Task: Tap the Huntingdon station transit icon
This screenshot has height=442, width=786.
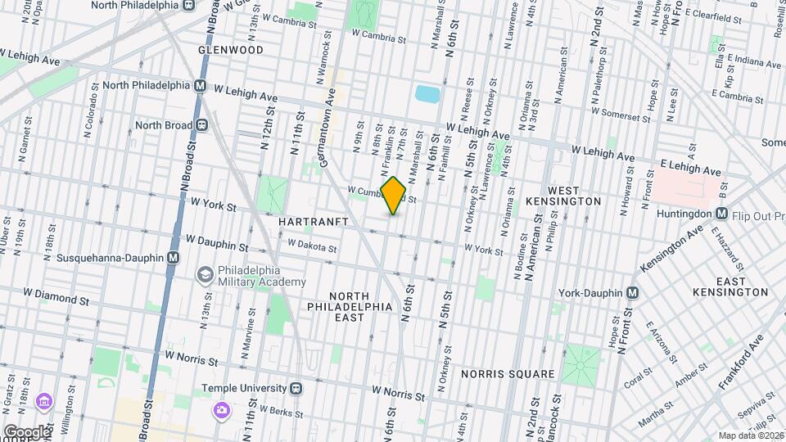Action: click(722, 214)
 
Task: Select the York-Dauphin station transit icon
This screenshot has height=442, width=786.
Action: click(632, 293)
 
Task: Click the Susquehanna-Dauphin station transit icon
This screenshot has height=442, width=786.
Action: click(173, 257)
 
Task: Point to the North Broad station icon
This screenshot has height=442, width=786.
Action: click(201, 125)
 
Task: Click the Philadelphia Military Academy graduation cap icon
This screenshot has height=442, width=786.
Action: click(204, 276)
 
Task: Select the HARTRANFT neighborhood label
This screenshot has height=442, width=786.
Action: click(314, 222)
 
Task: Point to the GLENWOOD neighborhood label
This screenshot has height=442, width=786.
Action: click(230, 50)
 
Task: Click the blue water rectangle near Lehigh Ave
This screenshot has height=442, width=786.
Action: click(427, 93)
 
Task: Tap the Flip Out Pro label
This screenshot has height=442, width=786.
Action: click(761, 214)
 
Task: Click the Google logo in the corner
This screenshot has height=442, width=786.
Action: click(26, 431)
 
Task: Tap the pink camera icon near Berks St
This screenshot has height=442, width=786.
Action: click(220, 408)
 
